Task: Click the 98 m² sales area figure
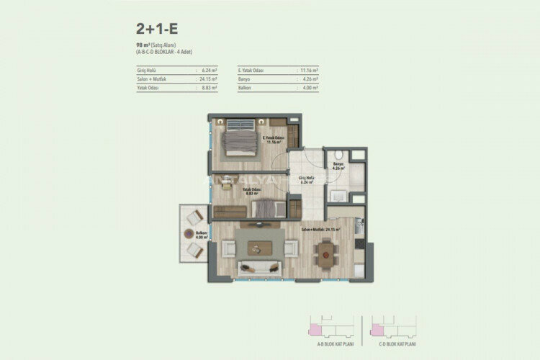coord(130,45)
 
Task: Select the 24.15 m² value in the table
coord(210,78)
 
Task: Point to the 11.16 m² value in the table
coord(310,71)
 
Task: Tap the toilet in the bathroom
coord(337,157)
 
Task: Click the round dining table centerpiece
coord(327,251)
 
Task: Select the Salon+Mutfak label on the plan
coord(320,230)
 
